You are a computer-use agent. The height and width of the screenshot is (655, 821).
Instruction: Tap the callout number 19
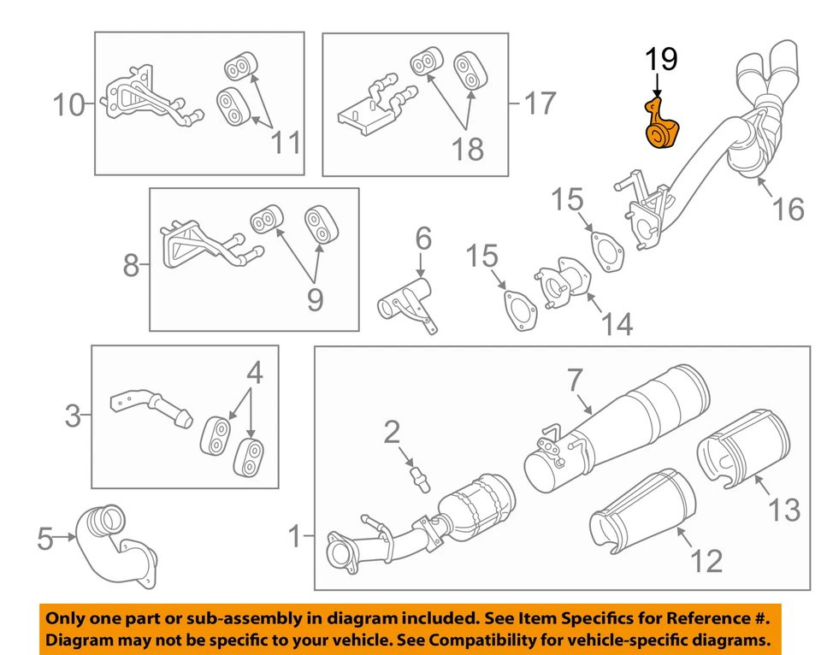(x=660, y=60)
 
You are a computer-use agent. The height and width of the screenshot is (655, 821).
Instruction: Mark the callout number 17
(x=539, y=104)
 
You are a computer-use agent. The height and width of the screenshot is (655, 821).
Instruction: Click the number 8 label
(x=130, y=266)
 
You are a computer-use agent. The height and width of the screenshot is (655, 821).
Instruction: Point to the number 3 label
(x=73, y=417)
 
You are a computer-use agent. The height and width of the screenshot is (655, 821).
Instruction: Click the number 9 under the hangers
(x=316, y=298)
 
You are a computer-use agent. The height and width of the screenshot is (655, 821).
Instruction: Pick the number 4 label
(x=254, y=374)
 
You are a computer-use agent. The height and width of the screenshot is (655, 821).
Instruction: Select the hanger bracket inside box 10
(x=141, y=102)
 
